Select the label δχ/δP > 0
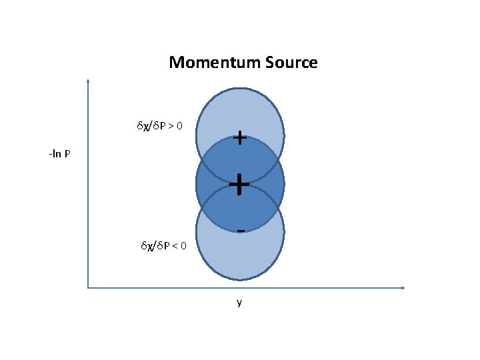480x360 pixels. pyautogui.click(x=164, y=125)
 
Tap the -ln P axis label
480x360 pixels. pyautogui.click(x=60, y=155)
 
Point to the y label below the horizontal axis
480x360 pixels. pyautogui.click(x=239, y=303)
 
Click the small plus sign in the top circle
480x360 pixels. pyautogui.click(x=241, y=138)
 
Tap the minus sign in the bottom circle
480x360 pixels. pyautogui.click(x=241, y=231)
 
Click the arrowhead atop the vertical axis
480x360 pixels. pyautogui.click(x=88, y=82)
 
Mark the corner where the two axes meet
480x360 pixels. pyautogui.click(x=88, y=288)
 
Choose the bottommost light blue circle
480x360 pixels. pyautogui.click(x=240, y=257)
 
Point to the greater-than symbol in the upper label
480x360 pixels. pyautogui.click(x=180, y=125)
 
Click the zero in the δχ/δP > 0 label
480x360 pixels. pyautogui.click(x=189, y=125)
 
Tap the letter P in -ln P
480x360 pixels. pyautogui.click(x=68, y=155)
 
